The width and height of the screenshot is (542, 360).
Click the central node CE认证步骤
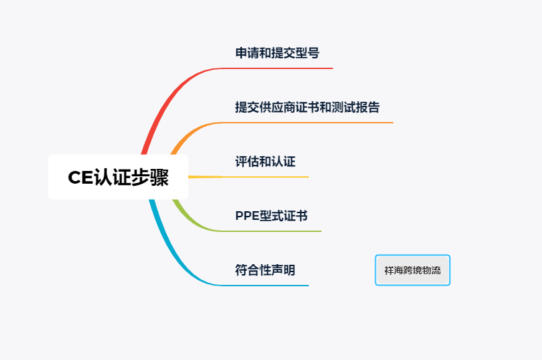click(x=118, y=177)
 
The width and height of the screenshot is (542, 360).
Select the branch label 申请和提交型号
click(x=277, y=53)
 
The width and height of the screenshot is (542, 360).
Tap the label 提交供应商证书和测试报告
click(x=308, y=107)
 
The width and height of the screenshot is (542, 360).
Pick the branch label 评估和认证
click(x=265, y=162)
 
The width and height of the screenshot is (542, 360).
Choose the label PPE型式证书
click(x=271, y=216)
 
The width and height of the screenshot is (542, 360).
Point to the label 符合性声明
click(x=265, y=270)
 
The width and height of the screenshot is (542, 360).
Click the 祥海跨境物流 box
click(x=413, y=270)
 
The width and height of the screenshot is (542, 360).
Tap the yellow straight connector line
click(x=248, y=177)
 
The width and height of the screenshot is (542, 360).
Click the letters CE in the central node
click(x=80, y=178)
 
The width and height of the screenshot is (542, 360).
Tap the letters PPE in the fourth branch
click(x=247, y=216)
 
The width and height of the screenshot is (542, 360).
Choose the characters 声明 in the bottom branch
click(x=283, y=270)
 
